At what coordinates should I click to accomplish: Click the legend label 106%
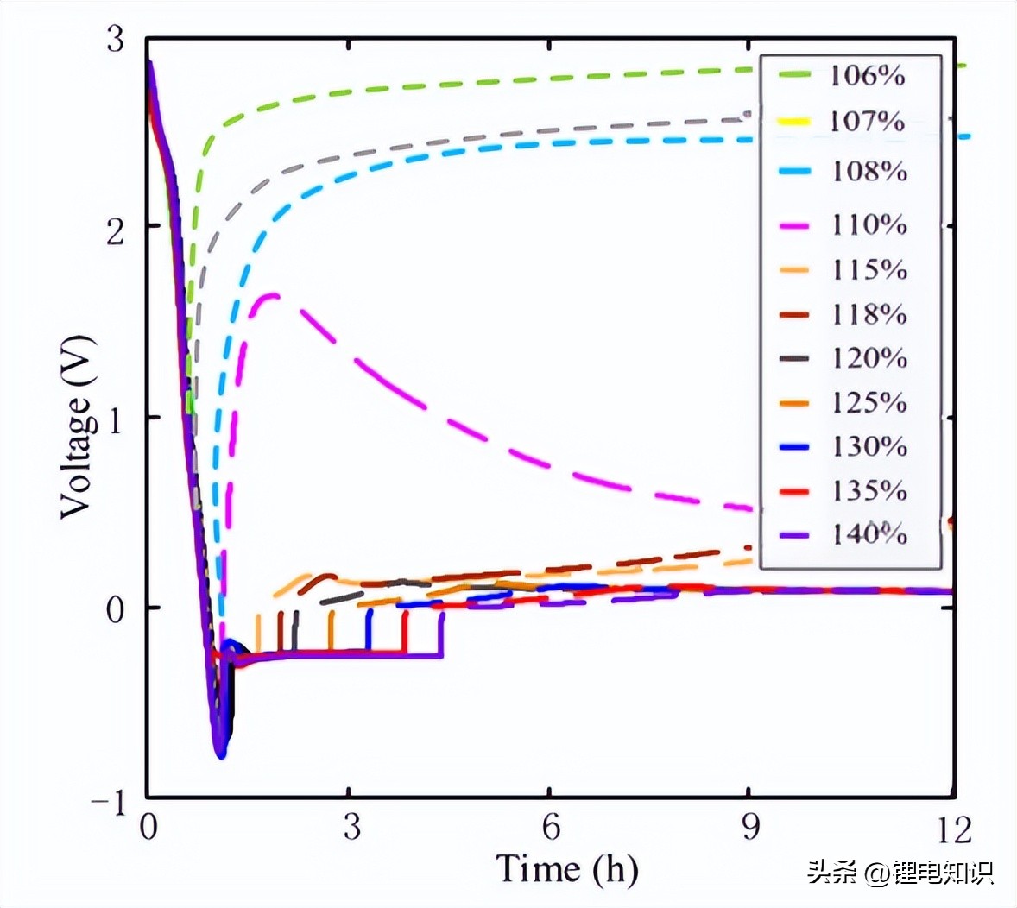868,76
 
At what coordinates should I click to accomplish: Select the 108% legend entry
869,171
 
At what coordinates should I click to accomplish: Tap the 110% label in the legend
869,225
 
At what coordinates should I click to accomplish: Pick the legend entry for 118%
869,314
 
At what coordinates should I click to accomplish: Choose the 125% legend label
869,403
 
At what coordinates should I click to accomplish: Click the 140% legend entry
869,535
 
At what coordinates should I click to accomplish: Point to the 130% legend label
869,447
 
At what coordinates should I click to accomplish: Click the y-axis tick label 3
116,40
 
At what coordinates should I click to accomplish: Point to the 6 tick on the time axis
551,828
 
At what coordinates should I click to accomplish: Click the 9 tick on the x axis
751,828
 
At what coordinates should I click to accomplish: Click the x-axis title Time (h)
566,868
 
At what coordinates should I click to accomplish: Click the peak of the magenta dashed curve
271,295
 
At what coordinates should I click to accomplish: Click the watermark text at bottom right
900,872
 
